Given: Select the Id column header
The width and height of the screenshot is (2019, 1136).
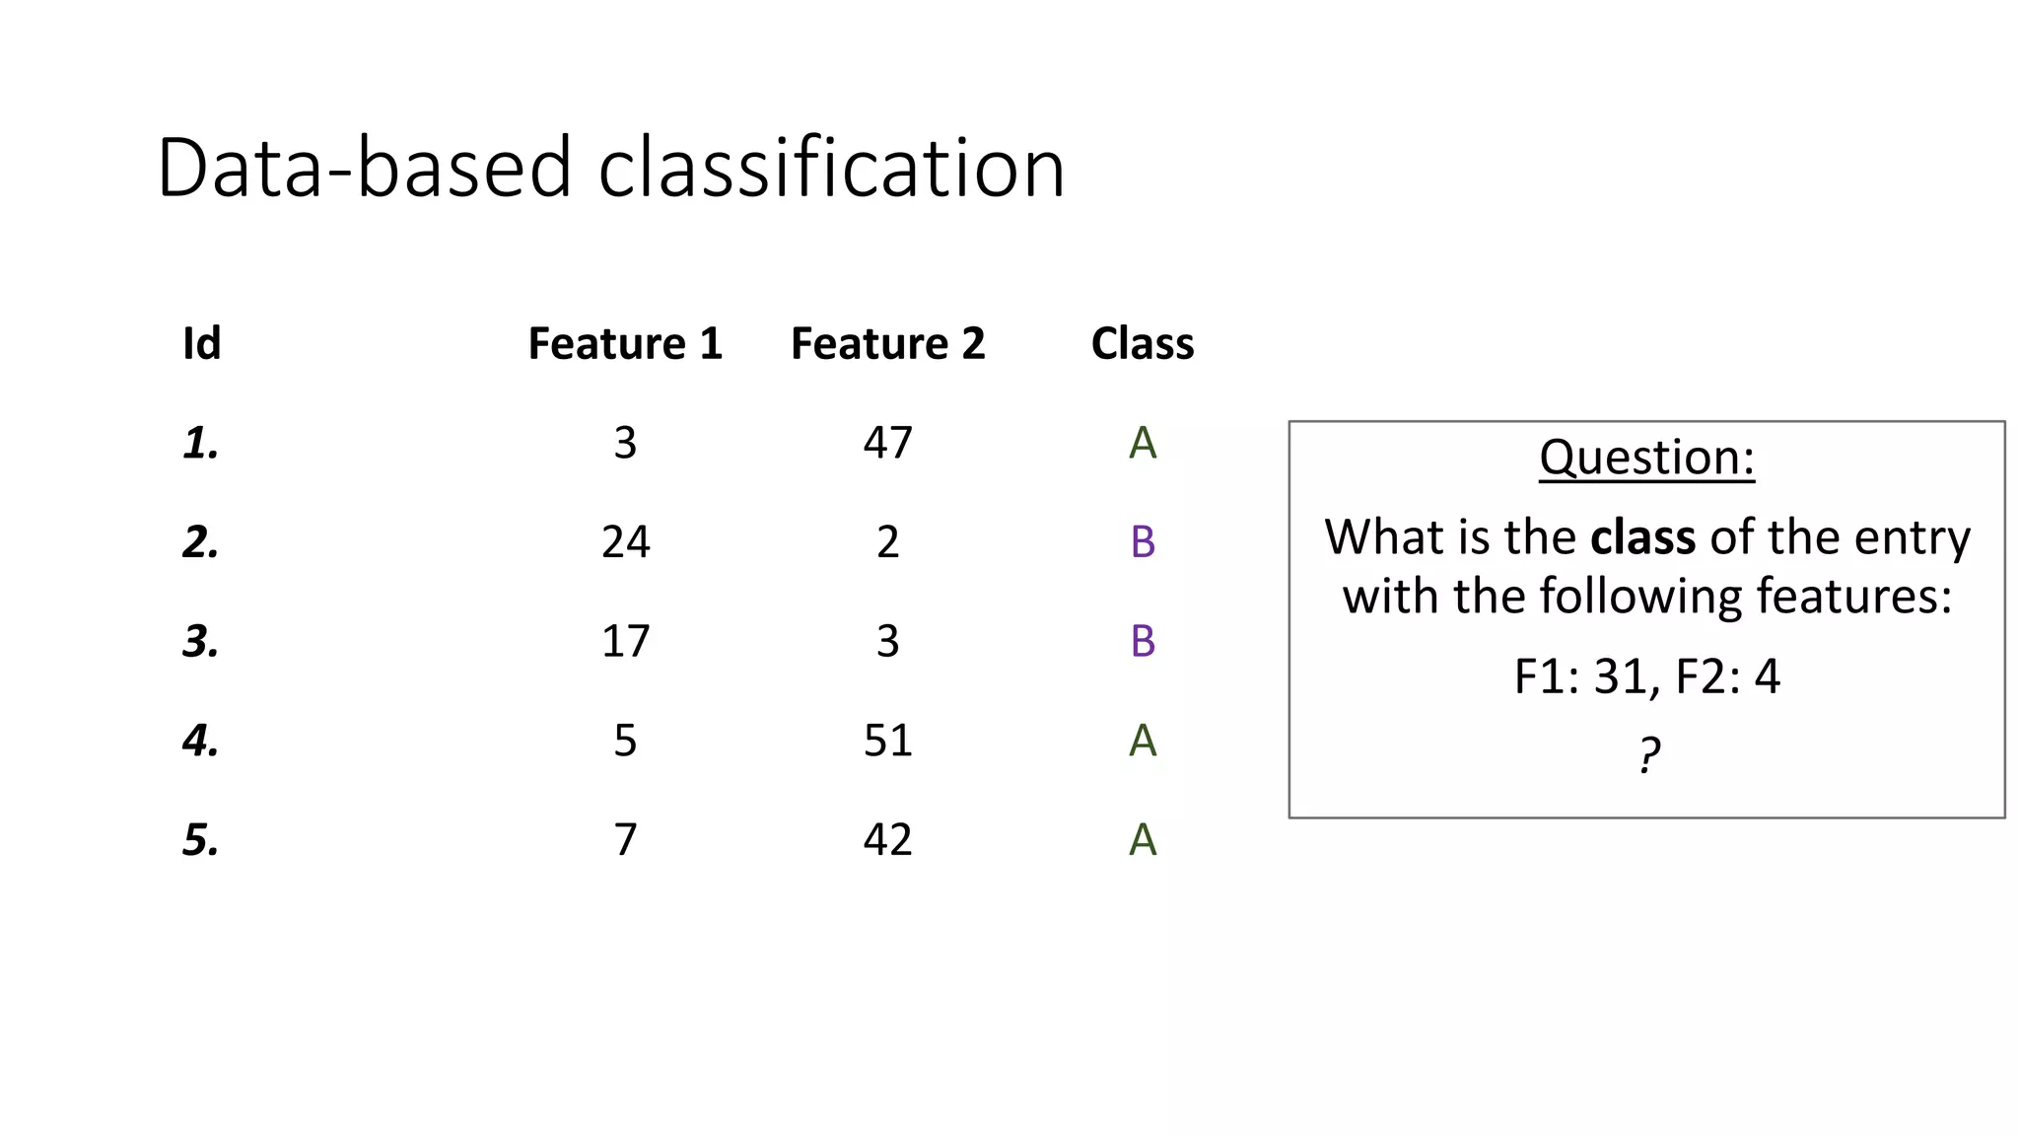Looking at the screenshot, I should click(x=201, y=344).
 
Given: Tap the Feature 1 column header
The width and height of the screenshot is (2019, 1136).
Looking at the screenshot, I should click(x=625, y=344).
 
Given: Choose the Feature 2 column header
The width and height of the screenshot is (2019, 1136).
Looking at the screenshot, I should click(x=887, y=344).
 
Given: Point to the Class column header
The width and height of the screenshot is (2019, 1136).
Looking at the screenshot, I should click(x=1142, y=344).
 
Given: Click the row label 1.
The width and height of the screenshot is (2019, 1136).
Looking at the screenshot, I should click(x=200, y=443).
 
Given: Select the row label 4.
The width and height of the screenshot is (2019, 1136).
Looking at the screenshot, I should click(x=200, y=741).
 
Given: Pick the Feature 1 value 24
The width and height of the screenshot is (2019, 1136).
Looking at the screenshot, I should click(x=625, y=542).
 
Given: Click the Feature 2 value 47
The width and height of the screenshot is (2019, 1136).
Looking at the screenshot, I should click(x=887, y=443).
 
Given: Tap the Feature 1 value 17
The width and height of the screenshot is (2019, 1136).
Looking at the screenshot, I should click(x=625, y=642).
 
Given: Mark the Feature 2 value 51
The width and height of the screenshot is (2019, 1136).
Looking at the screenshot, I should click(x=887, y=741).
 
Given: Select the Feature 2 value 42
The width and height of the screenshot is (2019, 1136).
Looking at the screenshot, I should click(x=887, y=840).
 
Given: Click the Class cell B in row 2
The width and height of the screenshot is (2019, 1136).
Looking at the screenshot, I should click(x=1142, y=542).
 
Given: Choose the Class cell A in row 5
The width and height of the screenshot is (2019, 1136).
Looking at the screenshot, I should click(x=1142, y=840).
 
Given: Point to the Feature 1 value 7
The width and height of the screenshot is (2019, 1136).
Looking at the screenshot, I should click(x=625, y=840).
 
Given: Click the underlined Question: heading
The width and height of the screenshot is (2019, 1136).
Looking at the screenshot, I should click(x=1646, y=458).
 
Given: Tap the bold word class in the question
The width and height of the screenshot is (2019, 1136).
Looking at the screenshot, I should click(x=1642, y=537).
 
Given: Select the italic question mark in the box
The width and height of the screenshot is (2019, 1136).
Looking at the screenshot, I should click(x=1648, y=755).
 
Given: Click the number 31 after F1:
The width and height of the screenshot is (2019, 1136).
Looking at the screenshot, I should click(x=1621, y=677).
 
